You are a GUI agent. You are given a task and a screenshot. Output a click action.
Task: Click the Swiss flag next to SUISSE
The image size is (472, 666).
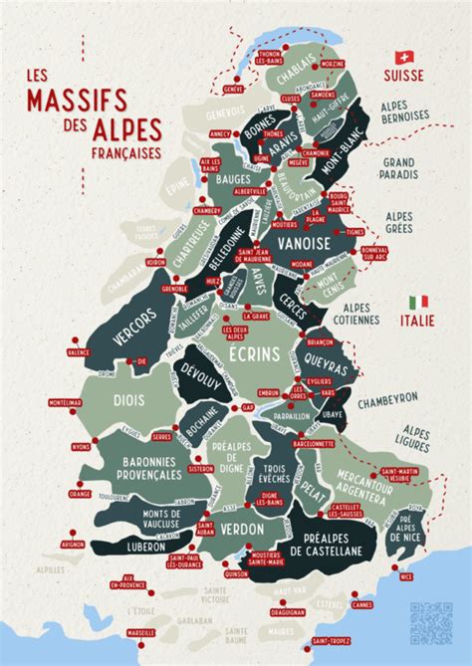point(404,58)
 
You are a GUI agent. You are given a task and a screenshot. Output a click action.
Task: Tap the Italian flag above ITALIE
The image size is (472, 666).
point(418,301)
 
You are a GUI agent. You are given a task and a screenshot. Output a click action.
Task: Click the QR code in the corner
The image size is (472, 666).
point(430,623)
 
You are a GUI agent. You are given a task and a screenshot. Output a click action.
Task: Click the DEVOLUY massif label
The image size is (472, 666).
point(202,374)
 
